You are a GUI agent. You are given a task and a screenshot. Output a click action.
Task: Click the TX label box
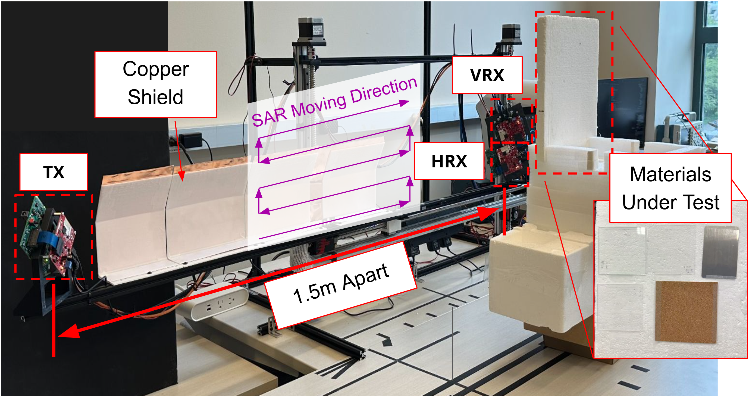(x=54, y=172)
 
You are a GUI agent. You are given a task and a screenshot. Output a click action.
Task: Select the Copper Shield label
(x=156, y=84)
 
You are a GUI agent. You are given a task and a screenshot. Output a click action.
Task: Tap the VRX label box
(x=487, y=75)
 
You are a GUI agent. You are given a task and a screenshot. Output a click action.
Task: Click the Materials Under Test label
(x=670, y=188)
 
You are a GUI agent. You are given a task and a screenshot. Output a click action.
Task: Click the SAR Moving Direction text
(x=334, y=102)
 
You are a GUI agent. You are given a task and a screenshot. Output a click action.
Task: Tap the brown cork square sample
(x=686, y=312)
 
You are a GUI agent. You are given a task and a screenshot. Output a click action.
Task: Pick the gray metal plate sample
(x=720, y=252)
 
